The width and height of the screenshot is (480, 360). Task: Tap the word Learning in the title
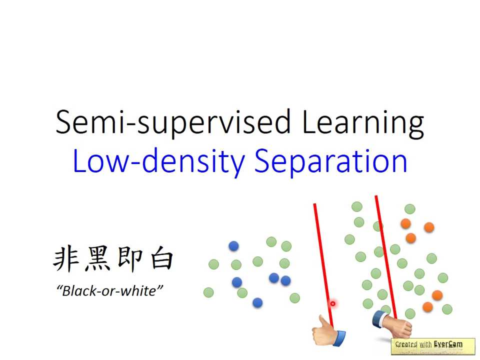pyautogui.click(x=363, y=122)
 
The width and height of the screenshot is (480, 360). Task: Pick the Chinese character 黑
pyautogui.click(x=98, y=258)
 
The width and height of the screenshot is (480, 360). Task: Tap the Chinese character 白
pyautogui.click(x=162, y=258)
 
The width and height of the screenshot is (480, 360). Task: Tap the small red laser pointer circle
pyautogui.click(x=332, y=303)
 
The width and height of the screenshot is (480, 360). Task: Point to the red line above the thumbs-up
pyautogui.click(x=323, y=265)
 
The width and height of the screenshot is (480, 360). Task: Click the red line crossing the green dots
pyautogui.click(x=386, y=257)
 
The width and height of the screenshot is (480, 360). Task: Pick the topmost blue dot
pyautogui.click(x=233, y=246)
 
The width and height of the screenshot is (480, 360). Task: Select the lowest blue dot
pyautogui.click(x=257, y=303)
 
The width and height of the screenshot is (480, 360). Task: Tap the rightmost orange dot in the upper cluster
pyautogui.click(x=429, y=227)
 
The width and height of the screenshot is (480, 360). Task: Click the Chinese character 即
pyautogui.click(x=130, y=258)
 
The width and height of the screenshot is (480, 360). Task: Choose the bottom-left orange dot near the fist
pyautogui.click(x=427, y=306)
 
